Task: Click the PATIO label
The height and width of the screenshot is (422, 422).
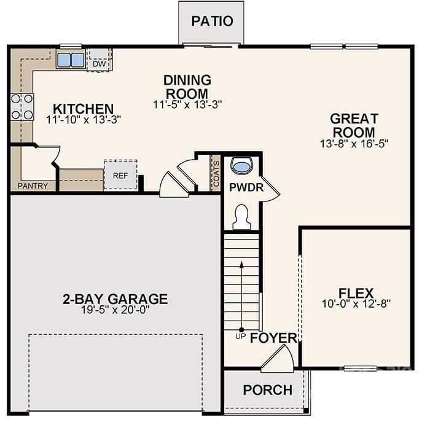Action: (x=212, y=21)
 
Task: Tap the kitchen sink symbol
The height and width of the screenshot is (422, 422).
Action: (x=71, y=60)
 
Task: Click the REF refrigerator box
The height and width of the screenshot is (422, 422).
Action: (x=120, y=175)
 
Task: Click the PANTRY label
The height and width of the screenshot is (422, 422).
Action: (x=33, y=186)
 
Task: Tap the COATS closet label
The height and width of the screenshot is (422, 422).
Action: (x=216, y=171)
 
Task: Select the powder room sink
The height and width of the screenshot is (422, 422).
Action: (x=242, y=166)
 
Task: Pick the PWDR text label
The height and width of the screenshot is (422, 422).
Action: (x=246, y=187)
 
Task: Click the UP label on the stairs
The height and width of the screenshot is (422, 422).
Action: (x=241, y=336)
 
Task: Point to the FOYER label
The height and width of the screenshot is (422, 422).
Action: (x=273, y=338)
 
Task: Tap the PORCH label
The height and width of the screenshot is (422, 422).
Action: (x=267, y=390)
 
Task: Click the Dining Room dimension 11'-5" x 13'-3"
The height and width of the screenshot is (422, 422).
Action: (x=187, y=104)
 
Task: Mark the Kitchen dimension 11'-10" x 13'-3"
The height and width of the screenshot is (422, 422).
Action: (x=83, y=120)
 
